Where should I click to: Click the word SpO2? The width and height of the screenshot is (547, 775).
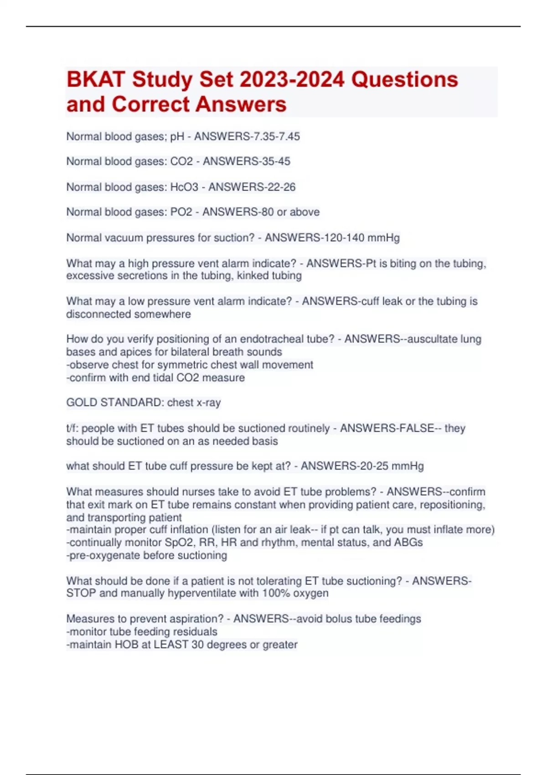point(179,542)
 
